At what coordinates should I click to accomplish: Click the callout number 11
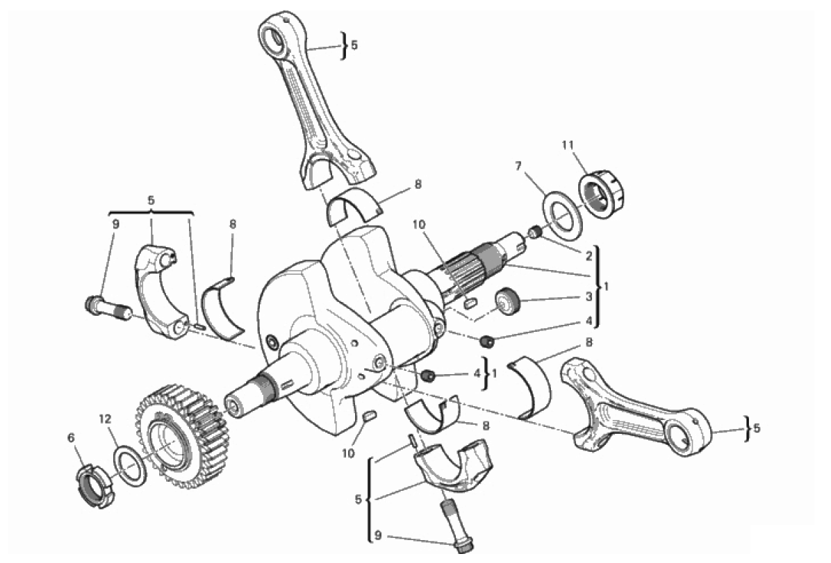[x=568, y=144]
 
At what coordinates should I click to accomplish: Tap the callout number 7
[x=518, y=167]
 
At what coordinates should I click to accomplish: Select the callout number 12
[x=105, y=419]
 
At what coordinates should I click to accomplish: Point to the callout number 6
[x=71, y=437]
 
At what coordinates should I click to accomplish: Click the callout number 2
[x=589, y=255]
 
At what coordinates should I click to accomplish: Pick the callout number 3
[x=589, y=296]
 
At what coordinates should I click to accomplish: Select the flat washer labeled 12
[x=130, y=466]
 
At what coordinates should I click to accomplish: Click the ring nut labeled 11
[x=602, y=194]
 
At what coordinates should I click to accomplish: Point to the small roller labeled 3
[x=508, y=301]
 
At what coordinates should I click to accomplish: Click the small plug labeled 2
[x=535, y=232]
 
